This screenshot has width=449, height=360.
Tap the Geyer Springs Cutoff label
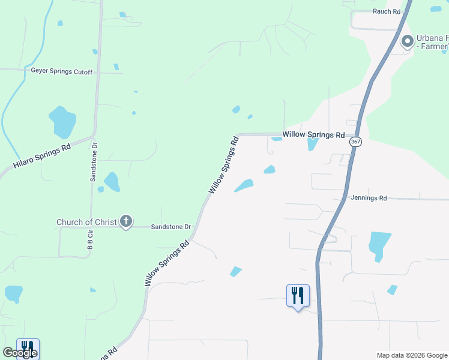[x=62, y=71]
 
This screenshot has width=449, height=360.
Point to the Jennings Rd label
[x=369, y=197]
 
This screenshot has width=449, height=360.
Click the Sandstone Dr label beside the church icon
[x=170, y=227]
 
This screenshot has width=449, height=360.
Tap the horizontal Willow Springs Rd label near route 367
[x=313, y=135]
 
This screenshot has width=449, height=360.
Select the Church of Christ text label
[x=86, y=222]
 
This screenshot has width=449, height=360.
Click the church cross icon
[x=126, y=221]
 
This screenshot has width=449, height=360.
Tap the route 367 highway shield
[x=356, y=141]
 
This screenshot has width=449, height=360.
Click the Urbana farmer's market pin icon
[x=408, y=42]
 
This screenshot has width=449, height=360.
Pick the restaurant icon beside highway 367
[x=298, y=296]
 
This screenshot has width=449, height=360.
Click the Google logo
[x=20, y=353]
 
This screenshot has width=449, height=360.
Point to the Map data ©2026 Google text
[x=411, y=355]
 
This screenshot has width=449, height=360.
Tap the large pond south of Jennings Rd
[x=379, y=244]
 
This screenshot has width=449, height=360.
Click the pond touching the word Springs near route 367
[x=312, y=144]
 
